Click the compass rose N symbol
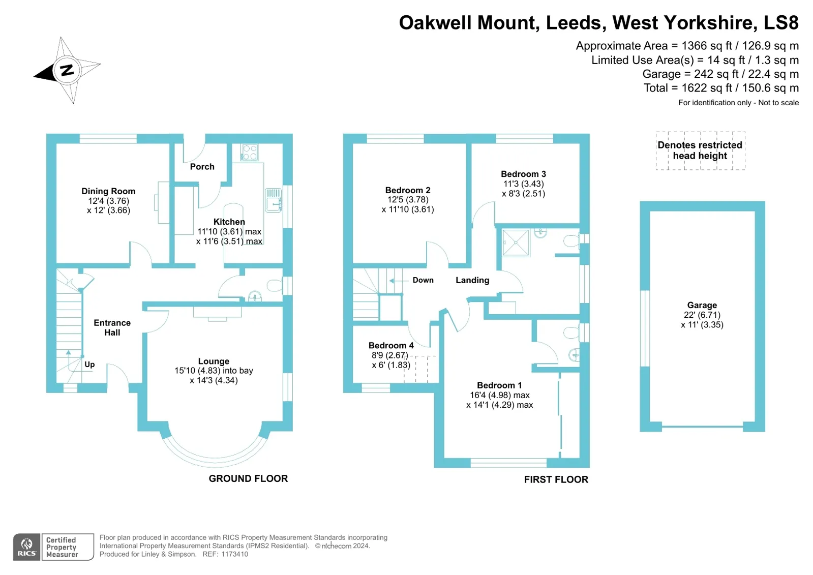point(67,70)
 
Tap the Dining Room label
point(108,191)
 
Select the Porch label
point(202,167)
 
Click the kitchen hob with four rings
point(249,153)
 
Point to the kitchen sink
point(273,200)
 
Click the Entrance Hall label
point(112,327)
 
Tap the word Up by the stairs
point(89,365)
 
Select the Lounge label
point(214,361)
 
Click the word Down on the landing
point(423,280)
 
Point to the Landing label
point(472,280)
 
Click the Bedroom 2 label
point(407,190)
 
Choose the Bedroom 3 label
point(523,174)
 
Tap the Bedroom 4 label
point(391,345)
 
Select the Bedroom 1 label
point(499,385)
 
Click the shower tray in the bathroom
point(516,243)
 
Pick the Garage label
point(702,305)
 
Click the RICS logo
point(27,547)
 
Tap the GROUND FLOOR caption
point(248,478)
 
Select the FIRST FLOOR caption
point(556,479)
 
